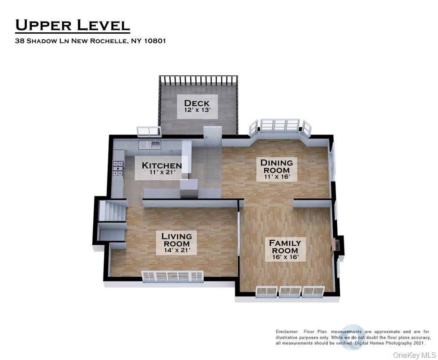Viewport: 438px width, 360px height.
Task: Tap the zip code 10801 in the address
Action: [x=155, y=41]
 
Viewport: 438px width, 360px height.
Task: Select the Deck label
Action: [x=197, y=103]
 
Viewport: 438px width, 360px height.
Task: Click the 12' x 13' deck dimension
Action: [x=197, y=110]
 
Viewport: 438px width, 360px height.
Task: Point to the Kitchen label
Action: [x=162, y=165]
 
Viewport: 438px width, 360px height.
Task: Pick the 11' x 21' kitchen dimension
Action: [x=162, y=173]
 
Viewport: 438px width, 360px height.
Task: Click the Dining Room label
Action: [x=277, y=166]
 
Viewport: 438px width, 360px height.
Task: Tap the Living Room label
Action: [x=176, y=239]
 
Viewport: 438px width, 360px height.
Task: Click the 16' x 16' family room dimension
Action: [x=285, y=257]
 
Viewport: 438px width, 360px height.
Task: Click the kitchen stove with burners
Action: [x=118, y=169]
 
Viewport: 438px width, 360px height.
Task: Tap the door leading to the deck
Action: [x=212, y=135]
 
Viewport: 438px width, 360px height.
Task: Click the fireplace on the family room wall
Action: [x=335, y=246]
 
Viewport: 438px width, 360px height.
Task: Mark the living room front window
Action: [x=172, y=276]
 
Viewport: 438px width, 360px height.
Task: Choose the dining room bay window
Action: [x=280, y=126]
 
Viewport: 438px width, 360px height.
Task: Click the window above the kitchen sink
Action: [x=149, y=131]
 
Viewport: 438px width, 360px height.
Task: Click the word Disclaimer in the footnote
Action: [x=287, y=331]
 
